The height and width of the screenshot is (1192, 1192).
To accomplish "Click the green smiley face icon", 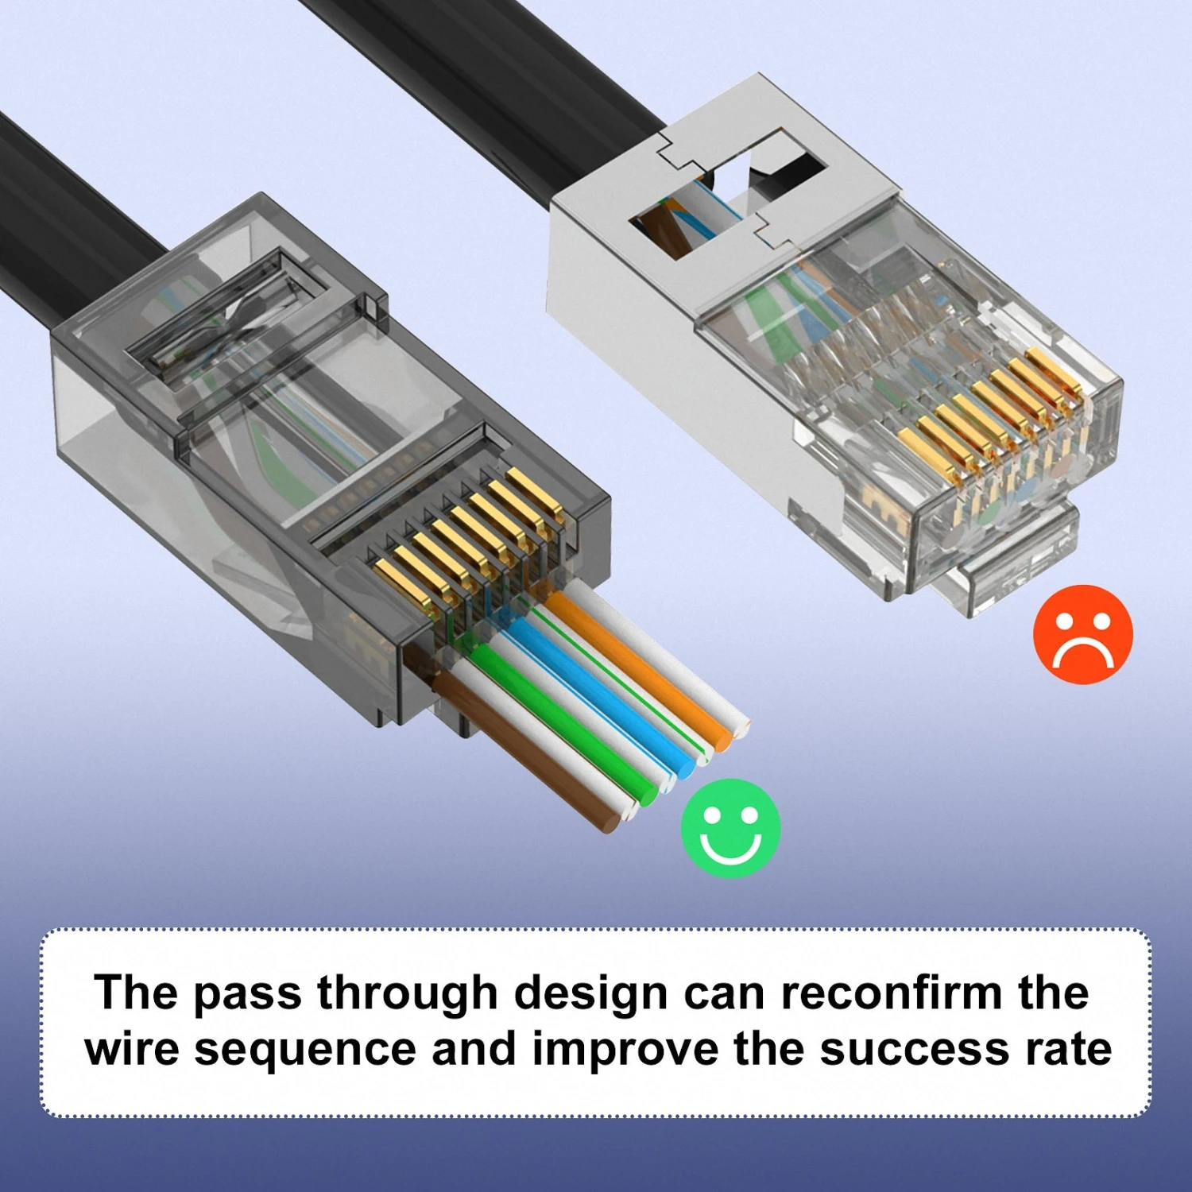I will [730, 828].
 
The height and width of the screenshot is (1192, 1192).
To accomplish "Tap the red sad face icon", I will [1082, 634].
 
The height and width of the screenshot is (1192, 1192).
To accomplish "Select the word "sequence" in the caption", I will [305, 1050].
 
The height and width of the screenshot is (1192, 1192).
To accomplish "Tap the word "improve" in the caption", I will [625, 1050].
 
